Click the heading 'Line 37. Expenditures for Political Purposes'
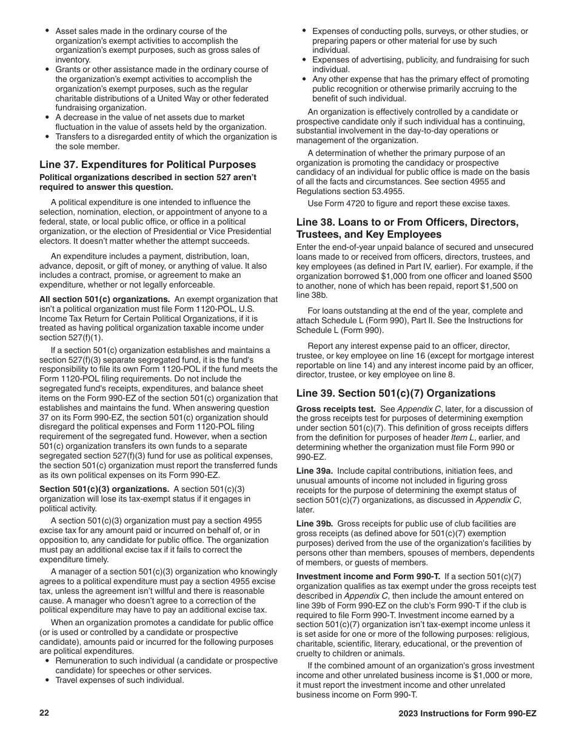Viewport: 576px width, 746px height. [147, 165]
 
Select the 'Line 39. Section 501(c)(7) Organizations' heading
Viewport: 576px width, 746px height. [395, 393]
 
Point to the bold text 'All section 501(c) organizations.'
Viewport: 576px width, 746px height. [104, 299]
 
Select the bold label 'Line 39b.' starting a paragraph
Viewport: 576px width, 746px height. [314, 523]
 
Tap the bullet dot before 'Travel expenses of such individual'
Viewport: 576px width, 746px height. [47, 680]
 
